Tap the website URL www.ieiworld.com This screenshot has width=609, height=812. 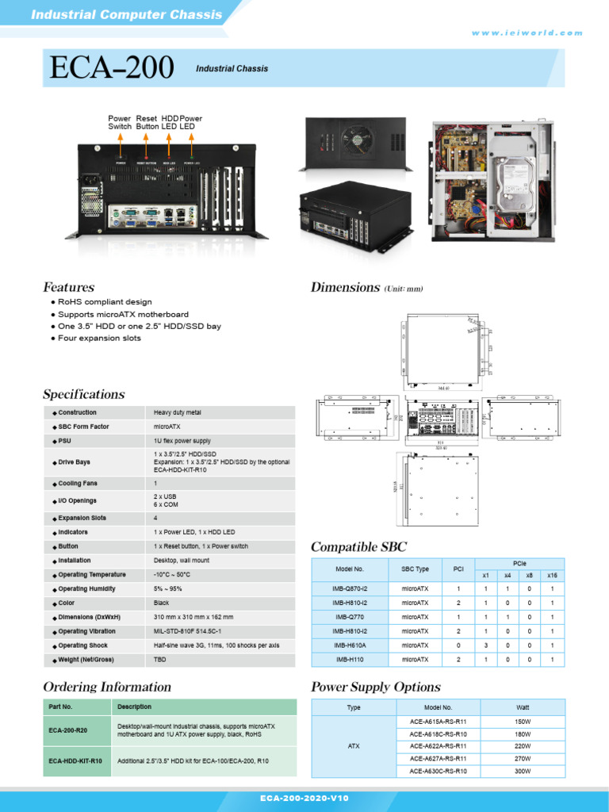[x=527, y=33]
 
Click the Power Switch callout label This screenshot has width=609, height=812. [x=120, y=122]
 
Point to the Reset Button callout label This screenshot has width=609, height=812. [x=147, y=122]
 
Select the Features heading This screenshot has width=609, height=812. [x=68, y=287]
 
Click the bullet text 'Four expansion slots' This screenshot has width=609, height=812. [x=99, y=338]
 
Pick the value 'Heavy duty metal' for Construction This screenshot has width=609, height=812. [x=177, y=412]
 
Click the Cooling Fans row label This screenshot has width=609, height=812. [x=78, y=483]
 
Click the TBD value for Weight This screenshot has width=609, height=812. [x=159, y=660]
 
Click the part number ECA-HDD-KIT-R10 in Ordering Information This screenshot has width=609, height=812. [x=75, y=761]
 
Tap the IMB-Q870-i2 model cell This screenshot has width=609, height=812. [x=350, y=588]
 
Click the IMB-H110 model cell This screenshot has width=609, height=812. [x=350, y=659]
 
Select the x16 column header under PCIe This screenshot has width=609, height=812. [x=552, y=574]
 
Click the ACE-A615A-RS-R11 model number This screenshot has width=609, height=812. [x=438, y=722]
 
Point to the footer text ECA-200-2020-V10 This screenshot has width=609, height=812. [x=304, y=799]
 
